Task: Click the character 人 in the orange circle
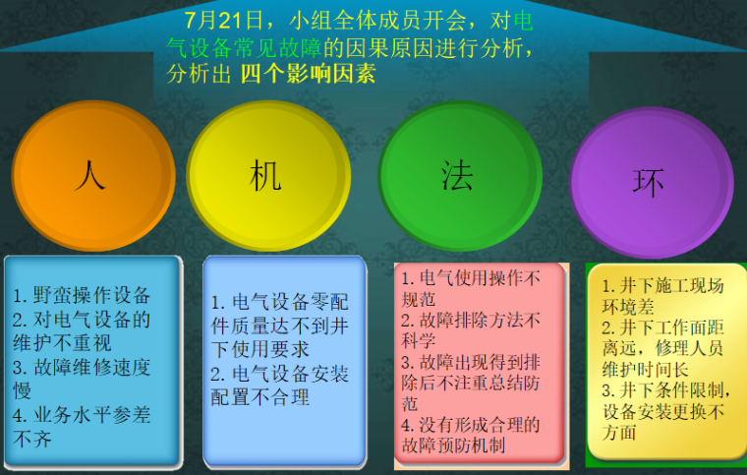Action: pyautogui.click(x=90, y=174)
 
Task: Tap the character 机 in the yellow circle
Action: pyautogui.click(x=266, y=175)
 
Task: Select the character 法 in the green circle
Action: pyautogui.click(x=457, y=174)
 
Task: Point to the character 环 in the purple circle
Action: pyautogui.click(x=649, y=182)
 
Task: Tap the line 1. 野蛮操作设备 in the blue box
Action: pyautogui.click(x=82, y=295)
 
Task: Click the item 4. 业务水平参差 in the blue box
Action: pyautogui.click(x=82, y=416)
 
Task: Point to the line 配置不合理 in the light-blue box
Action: pyautogui.click(x=259, y=397)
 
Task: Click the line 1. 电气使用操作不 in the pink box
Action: pyautogui.click(x=471, y=278)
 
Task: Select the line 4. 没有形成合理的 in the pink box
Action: pyautogui.click(x=471, y=424)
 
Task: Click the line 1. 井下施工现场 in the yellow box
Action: pyautogui.click(x=662, y=286)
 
